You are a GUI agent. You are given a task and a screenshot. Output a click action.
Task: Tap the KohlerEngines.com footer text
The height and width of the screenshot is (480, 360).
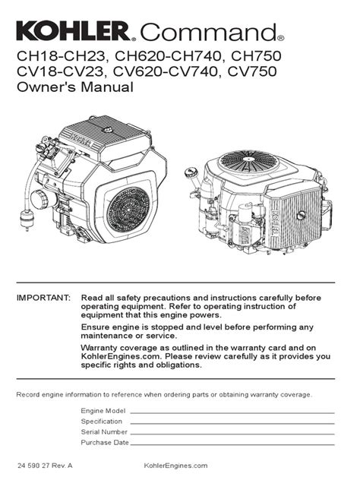click(x=175, y=464)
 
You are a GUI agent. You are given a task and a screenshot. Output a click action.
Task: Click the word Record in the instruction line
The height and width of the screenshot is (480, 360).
click(x=31, y=394)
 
